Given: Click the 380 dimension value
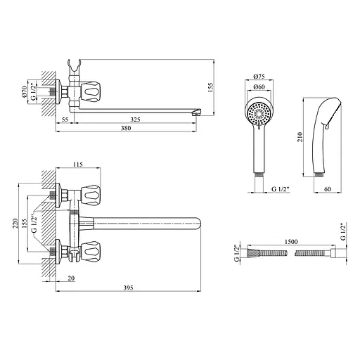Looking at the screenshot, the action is [x=126, y=128].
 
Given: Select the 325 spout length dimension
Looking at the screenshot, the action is [x=135, y=120].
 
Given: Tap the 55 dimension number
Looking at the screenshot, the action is [x=65, y=120].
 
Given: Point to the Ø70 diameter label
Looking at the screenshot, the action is [x=24, y=91].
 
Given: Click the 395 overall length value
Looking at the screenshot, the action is [x=128, y=288].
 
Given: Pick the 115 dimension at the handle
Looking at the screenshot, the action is [x=78, y=165].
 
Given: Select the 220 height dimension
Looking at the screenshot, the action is [x=15, y=224].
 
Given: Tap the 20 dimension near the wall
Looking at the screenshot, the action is [x=71, y=278].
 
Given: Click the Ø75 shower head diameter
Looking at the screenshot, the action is [x=259, y=76].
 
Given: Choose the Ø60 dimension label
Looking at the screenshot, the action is [x=259, y=86].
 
